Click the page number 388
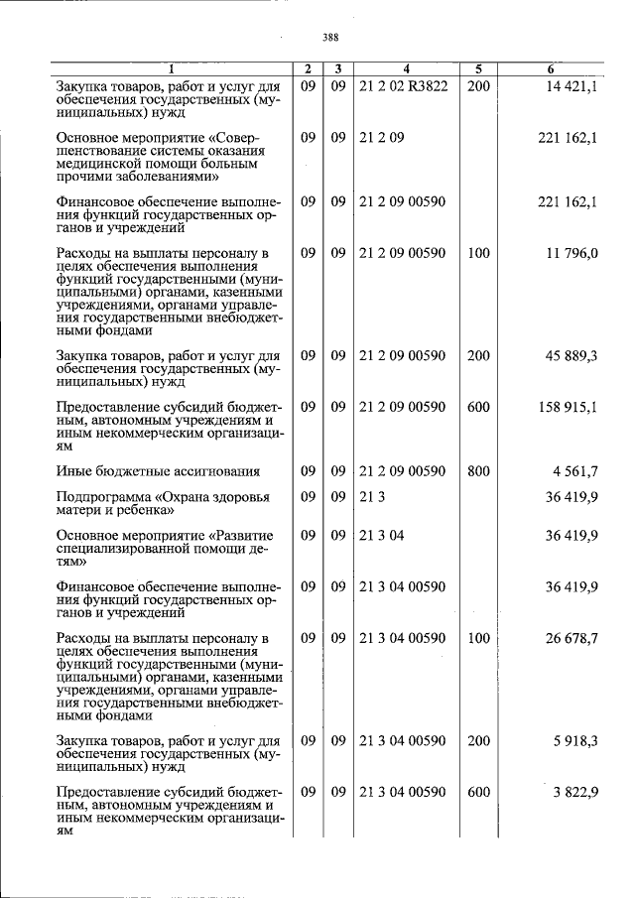(x=330, y=39)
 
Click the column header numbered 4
(x=406, y=69)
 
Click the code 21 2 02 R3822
(x=404, y=86)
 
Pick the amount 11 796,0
(x=571, y=253)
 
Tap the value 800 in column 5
(x=478, y=471)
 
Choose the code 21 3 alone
(x=370, y=496)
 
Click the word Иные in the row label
(x=74, y=471)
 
